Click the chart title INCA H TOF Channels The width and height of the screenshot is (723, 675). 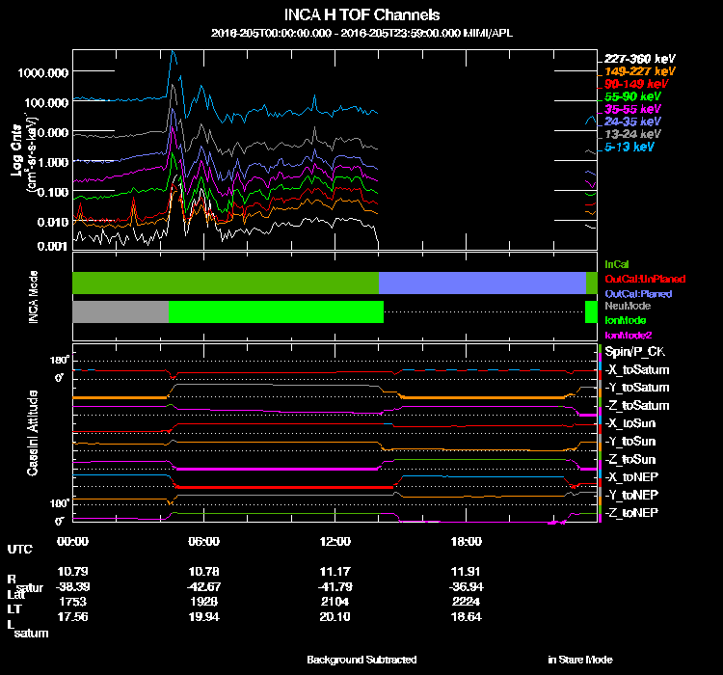coord(361,15)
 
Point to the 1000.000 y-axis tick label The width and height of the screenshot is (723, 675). coord(41,72)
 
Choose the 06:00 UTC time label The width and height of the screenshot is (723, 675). coord(204,541)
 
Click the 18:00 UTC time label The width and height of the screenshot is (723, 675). coord(467,541)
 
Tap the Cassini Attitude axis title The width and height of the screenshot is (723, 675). coord(32,432)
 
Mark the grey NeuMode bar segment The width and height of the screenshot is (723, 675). coord(120,312)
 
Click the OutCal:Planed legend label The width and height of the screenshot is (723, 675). coord(637,293)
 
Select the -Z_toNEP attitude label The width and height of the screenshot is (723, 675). coord(631,512)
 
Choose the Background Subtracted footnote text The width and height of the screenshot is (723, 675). coord(361,660)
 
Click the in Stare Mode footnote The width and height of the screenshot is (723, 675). coord(579,660)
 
